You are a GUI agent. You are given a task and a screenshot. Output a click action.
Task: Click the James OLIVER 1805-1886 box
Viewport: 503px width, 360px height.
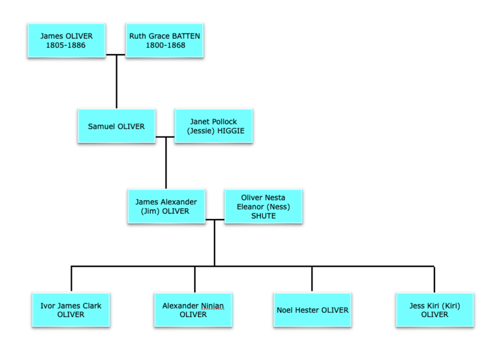pyautogui.click(x=65, y=41)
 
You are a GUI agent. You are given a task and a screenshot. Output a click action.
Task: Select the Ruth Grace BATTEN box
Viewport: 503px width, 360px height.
pyautogui.click(x=164, y=41)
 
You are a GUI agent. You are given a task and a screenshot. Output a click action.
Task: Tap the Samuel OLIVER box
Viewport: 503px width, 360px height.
pyautogui.click(x=116, y=126)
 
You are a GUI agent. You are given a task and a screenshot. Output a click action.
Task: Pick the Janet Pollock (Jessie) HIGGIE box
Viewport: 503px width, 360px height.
pyautogui.click(x=213, y=126)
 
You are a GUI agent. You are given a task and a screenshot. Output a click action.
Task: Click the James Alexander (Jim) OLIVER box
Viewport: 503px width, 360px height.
pyautogui.click(x=167, y=206)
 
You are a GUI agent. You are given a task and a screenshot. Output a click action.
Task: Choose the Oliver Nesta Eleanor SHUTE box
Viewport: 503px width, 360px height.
pyautogui.click(x=263, y=206)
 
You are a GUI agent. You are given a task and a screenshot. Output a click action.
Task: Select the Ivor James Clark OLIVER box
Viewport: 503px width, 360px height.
pyautogui.click(x=70, y=310)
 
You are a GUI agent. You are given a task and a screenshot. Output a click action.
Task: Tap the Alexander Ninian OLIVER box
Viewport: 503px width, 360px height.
pyautogui.click(x=193, y=310)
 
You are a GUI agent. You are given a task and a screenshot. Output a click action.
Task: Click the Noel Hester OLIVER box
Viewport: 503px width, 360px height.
pyautogui.click(x=312, y=310)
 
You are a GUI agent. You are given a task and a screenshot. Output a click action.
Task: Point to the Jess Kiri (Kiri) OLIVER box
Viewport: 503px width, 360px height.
pyautogui.click(x=434, y=310)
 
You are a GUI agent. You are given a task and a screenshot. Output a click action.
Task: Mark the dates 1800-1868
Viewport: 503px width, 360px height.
pyautogui.click(x=165, y=46)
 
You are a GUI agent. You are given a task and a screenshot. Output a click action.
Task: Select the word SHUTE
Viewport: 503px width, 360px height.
pyautogui.click(x=263, y=216)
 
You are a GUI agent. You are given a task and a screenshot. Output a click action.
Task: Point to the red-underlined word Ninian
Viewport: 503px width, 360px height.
pyautogui.click(x=212, y=306)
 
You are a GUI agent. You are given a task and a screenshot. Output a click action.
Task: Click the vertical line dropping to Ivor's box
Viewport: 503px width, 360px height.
pyautogui.click(x=72, y=279)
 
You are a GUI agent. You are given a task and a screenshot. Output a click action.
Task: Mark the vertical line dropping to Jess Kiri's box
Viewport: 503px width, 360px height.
pyautogui.click(x=434, y=279)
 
